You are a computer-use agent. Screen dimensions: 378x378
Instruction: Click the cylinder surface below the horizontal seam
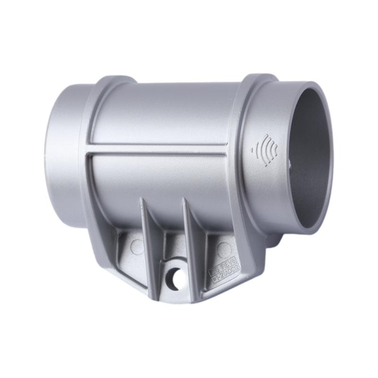click(x=161, y=184)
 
